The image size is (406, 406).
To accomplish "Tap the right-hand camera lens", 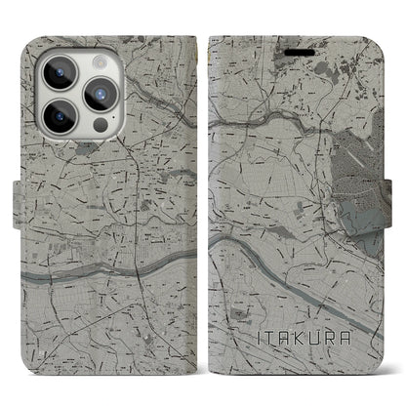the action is coord(102,94).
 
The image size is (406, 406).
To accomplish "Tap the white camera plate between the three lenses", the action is coord(78,94).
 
